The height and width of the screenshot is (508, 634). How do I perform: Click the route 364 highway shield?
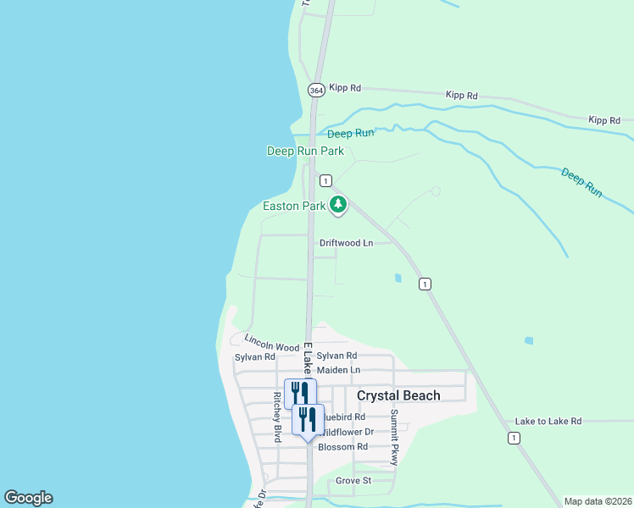(316, 89)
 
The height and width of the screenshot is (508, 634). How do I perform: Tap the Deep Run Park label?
(305, 151)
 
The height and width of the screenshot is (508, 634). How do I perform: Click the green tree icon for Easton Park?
(338, 204)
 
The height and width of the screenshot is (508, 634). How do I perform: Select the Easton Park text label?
(294, 206)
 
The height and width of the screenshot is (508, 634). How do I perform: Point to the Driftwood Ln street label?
(346, 243)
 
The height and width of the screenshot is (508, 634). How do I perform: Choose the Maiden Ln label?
(338, 370)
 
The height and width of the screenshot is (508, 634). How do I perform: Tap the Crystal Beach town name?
(398, 395)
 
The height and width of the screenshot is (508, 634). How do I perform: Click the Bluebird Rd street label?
(343, 417)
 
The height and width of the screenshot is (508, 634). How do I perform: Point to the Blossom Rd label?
(342, 446)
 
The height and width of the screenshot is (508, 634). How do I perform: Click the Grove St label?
(353, 480)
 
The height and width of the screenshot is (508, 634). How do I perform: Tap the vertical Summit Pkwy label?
(394, 437)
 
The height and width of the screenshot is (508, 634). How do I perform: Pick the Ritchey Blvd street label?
(277, 417)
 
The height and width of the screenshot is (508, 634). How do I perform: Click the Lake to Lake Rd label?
(548, 421)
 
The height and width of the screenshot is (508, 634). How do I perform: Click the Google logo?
(28, 498)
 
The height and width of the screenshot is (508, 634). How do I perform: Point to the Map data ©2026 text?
(598, 500)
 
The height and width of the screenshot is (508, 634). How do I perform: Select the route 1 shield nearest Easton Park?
(325, 180)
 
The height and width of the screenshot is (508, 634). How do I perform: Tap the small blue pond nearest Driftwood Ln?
(398, 277)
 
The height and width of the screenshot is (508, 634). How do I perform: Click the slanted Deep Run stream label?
(581, 183)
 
